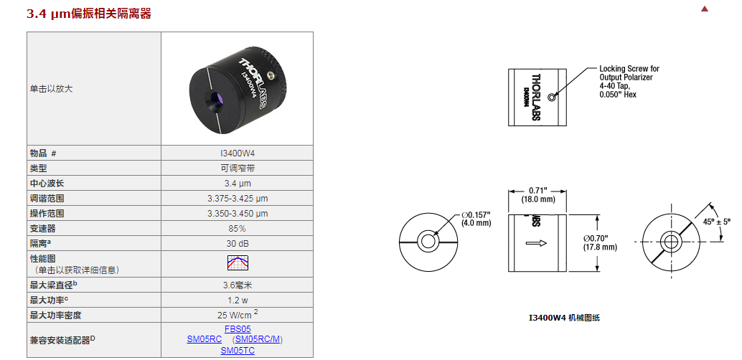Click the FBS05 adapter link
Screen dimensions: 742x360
(x=238, y=328)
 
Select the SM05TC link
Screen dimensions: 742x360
(x=238, y=351)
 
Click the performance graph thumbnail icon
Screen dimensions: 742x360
(x=238, y=262)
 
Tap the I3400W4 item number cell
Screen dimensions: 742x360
(x=238, y=153)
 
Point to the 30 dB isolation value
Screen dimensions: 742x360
(x=238, y=244)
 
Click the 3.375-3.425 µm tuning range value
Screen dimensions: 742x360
(x=238, y=198)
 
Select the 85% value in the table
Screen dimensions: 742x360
(x=238, y=229)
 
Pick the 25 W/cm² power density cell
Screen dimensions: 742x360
(x=238, y=314)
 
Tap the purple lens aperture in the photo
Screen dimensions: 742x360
(x=217, y=99)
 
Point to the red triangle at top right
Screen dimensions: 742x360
(x=705, y=9)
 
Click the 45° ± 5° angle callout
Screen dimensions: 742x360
(x=713, y=222)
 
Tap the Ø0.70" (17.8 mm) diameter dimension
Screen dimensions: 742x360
(x=600, y=242)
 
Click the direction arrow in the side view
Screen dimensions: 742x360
(x=536, y=243)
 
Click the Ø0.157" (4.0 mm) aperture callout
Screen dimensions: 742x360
(x=476, y=219)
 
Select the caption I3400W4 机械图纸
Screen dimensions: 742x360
(x=564, y=318)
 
